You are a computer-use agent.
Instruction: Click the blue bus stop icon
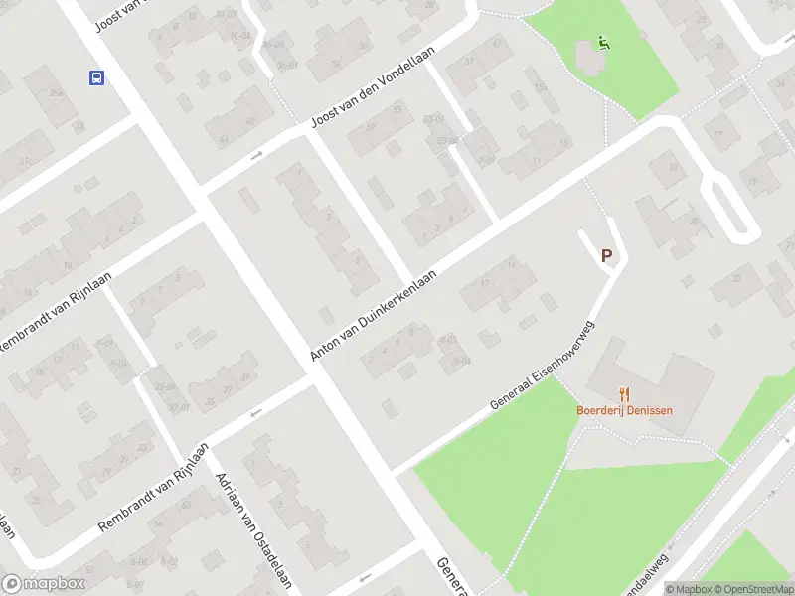pos(96,77)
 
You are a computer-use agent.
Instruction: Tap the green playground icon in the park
pos(603,43)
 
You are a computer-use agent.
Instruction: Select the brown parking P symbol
pos(606,256)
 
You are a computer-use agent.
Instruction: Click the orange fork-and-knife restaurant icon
pos(624,394)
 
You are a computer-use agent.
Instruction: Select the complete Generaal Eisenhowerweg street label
pos(543,367)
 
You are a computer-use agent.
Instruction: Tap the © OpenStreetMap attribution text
pos(751,589)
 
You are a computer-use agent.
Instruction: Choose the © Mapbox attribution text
pos(688,589)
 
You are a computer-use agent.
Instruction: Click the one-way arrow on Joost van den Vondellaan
pos(256,154)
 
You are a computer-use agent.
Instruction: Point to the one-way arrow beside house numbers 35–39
pos(255,412)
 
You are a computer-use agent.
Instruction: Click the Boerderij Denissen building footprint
pos(656,382)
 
